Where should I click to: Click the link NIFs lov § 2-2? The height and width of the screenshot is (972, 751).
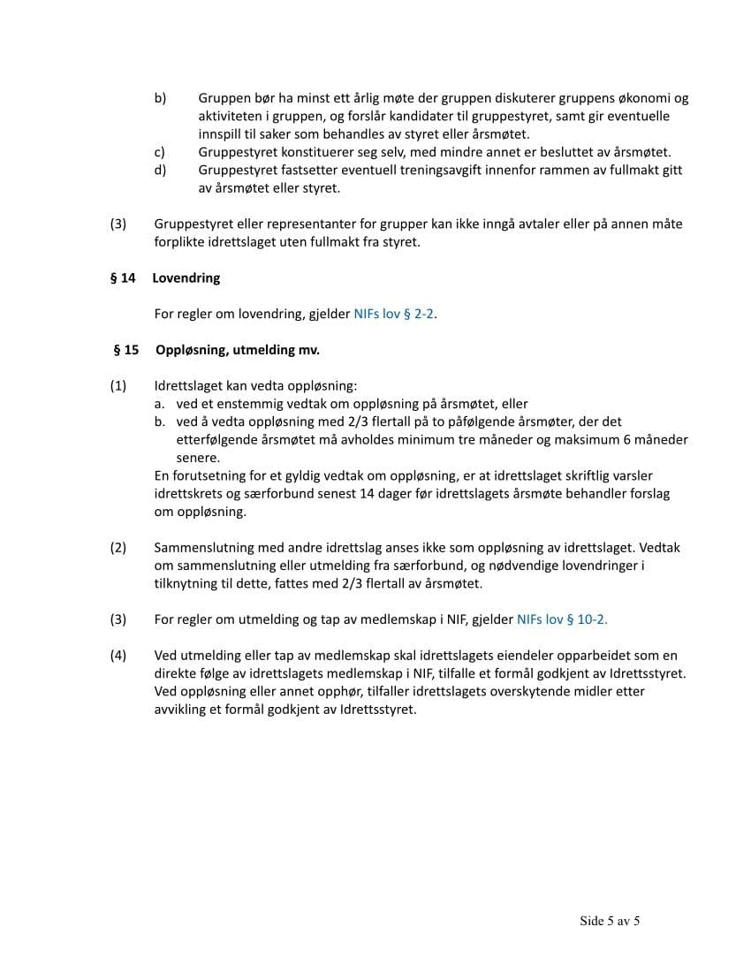point(394,314)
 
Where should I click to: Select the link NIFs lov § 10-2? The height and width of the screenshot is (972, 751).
point(561,619)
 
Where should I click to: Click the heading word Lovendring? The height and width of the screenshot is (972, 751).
point(186,278)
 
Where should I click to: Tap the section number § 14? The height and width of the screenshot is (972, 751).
point(123,278)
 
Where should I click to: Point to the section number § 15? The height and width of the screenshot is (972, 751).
point(126,350)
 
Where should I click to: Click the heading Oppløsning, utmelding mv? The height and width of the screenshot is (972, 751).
point(238,350)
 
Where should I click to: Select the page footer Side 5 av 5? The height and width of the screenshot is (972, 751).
point(610,921)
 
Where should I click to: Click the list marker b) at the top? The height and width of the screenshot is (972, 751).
point(160,98)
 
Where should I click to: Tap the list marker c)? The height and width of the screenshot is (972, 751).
point(160,152)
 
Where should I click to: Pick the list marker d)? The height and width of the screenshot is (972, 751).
point(160,170)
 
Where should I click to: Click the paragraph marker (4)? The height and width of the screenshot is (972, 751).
point(118,656)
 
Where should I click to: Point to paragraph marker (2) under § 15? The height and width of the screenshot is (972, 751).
point(118,548)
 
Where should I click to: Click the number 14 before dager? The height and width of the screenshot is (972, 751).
point(368,494)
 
